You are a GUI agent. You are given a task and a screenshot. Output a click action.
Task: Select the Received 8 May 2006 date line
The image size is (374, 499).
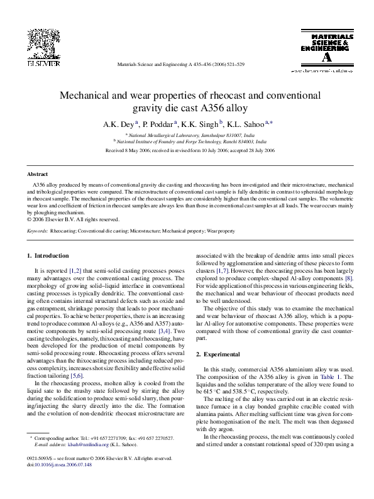pyautogui.click(x=190, y=151)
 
